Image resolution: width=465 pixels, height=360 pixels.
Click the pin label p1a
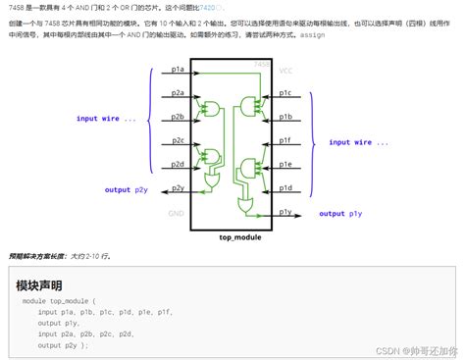click(x=177, y=71)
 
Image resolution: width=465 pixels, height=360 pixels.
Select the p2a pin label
click(x=177, y=93)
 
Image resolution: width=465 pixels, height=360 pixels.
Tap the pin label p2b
click(x=177, y=117)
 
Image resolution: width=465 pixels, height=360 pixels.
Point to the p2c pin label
click(x=177, y=140)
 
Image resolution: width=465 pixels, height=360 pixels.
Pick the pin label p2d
click(x=177, y=164)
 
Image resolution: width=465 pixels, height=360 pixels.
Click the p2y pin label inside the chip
click(x=177, y=187)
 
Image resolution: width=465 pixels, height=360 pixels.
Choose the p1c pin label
click(x=285, y=93)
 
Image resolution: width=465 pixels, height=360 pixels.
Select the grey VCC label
click(x=285, y=71)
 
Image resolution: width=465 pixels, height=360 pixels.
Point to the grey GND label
click(x=177, y=212)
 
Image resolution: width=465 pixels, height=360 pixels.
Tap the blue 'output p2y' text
click(x=131, y=188)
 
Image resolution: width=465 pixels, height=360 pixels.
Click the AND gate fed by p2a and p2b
click(x=209, y=107)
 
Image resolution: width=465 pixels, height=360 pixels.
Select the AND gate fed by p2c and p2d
click(x=209, y=154)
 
